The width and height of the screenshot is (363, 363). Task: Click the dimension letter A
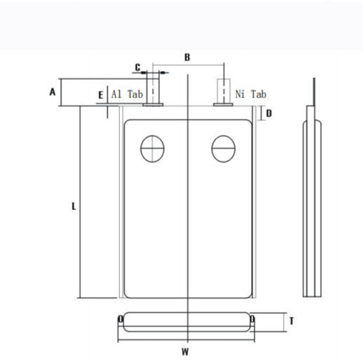(x=52, y=92)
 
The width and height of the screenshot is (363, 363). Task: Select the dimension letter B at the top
(x=187, y=58)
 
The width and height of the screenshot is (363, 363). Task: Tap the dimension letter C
(x=137, y=68)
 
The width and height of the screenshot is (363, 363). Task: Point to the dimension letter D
(x=269, y=113)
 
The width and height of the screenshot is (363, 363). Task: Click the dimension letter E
(x=101, y=95)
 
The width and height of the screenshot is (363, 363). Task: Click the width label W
(x=185, y=351)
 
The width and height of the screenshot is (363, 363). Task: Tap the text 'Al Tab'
(x=127, y=94)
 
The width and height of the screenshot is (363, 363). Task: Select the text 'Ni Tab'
(x=250, y=94)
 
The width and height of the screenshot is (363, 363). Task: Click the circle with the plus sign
(x=152, y=148)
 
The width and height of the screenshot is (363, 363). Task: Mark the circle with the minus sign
(x=223, y=148)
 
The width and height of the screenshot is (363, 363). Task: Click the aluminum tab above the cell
(x=153, y=88)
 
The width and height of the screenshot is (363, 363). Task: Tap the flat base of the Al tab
(x=153, y=105)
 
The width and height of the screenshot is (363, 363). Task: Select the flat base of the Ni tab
(x=223, y=105)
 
